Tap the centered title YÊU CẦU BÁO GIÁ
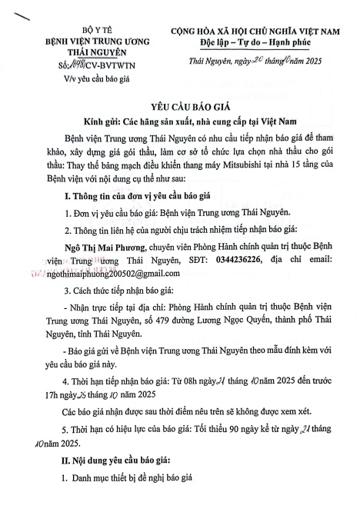[x=180, y=109]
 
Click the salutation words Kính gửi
[x=113, y=123]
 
